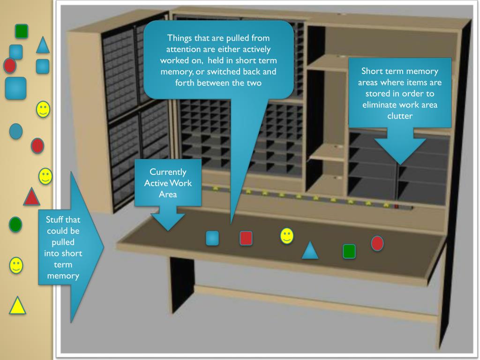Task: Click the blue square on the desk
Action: pos(212,238)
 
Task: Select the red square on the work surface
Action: pos(246,238)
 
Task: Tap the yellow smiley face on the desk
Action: pos(287,236)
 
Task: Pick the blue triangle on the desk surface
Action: pos(310,251)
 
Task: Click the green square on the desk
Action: pos(349,251)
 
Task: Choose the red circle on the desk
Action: pos(377,243)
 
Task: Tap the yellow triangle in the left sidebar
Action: pos(17,306)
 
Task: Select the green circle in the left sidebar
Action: pos(15,224)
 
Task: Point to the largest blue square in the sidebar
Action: pos(15,88)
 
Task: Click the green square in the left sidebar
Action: pos(22,31)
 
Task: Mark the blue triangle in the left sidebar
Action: pos(43,45)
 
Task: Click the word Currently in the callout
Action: pos(168,172)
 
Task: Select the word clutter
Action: pos(400,115)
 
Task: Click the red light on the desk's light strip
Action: pos(397,206)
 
